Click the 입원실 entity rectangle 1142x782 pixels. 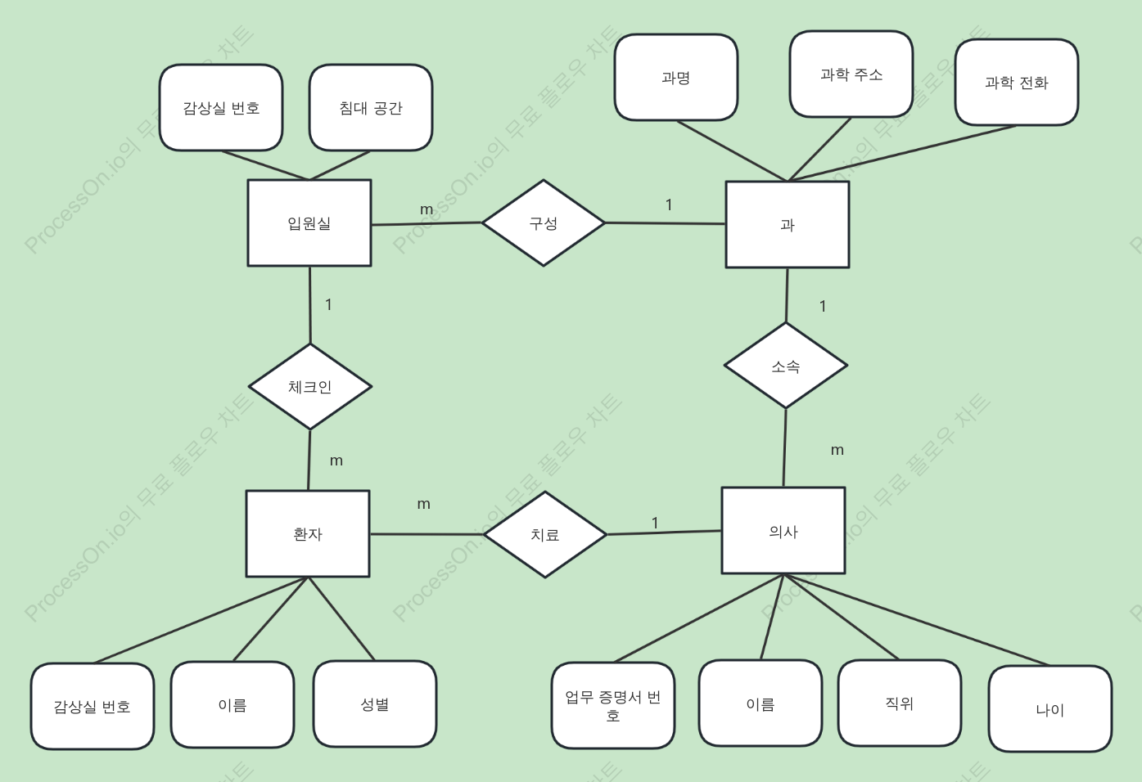(x=309, y=222)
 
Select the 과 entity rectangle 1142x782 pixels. (x=788, y=225)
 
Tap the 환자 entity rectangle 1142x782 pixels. (x=308, y=533)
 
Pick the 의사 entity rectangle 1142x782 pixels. (x=783, y=531)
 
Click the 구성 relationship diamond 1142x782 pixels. (x=544, y=222)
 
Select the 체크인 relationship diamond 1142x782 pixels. (x=310, y=387)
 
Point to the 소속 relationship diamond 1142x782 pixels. (x=786, y=366)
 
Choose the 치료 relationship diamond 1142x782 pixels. (x=545, y=534)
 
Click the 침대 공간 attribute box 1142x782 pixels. (x=371, y=107)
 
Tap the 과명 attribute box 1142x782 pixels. (x=676, y=78)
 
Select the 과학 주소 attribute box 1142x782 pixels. (x=851, y=74)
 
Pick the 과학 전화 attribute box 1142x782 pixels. (x=1017, y=82)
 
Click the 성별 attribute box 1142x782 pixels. (x=375, y=704)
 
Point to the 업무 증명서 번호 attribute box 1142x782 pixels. (x=613, y=706)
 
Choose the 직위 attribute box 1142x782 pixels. (x=900, y=703)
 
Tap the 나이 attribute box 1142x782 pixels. (x=1050, y=708)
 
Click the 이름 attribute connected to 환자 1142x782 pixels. (x=232, y=704)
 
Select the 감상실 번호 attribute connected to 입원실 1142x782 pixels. (x=221, y=107)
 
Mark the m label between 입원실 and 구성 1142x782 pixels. (x=427, y=209)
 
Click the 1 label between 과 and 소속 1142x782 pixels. (x=823, y=306)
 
